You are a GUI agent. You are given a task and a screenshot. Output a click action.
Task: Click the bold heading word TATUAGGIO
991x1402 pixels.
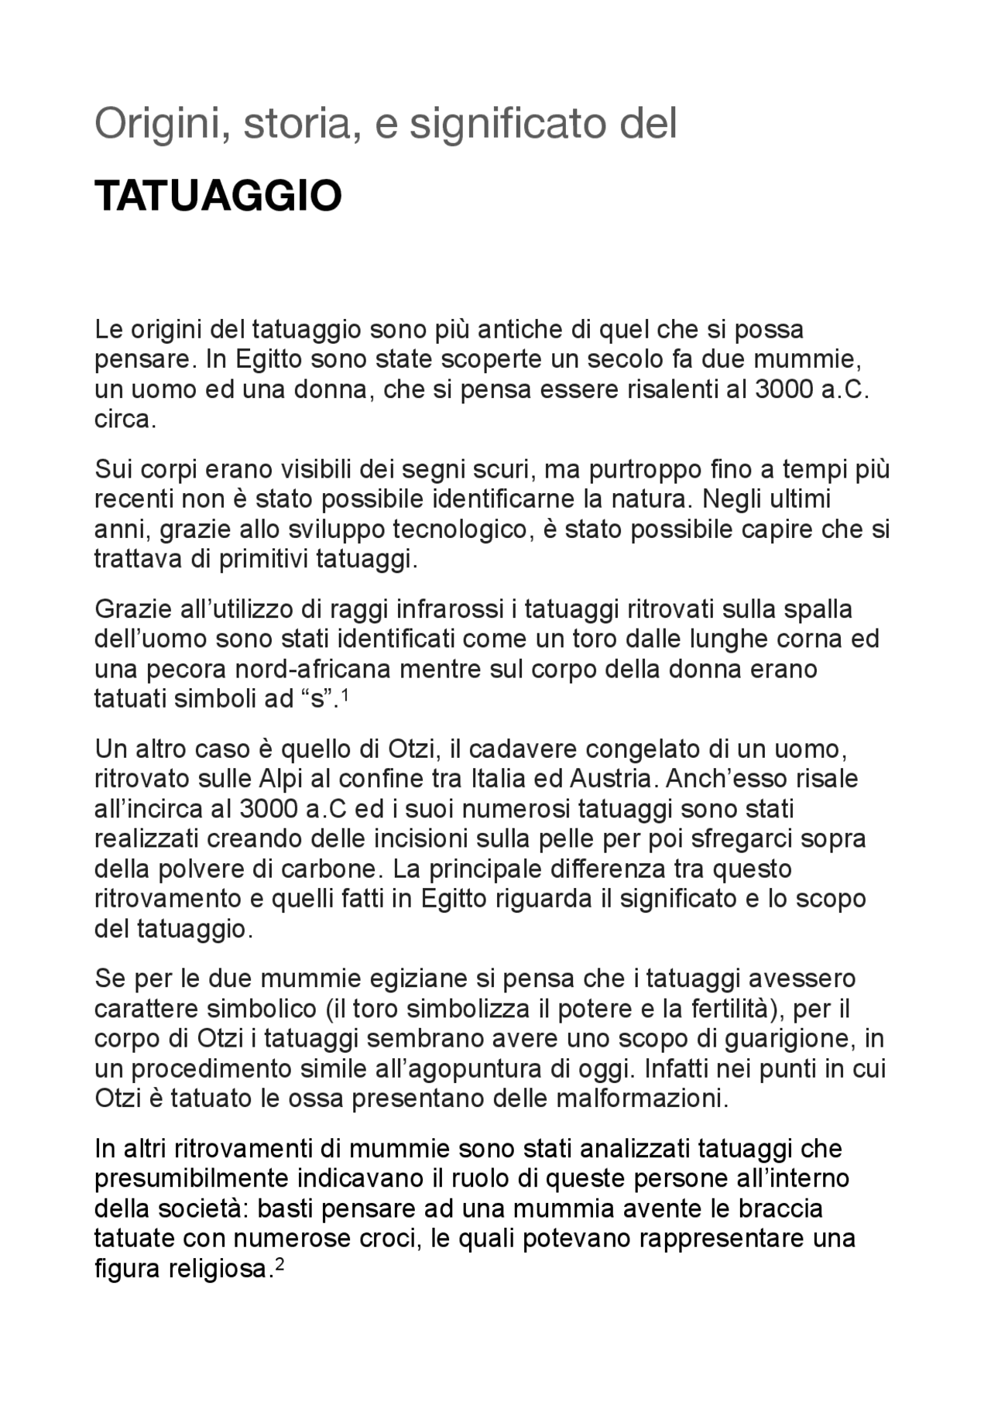218,197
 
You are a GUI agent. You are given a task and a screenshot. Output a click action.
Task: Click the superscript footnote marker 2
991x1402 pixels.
282,1264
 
